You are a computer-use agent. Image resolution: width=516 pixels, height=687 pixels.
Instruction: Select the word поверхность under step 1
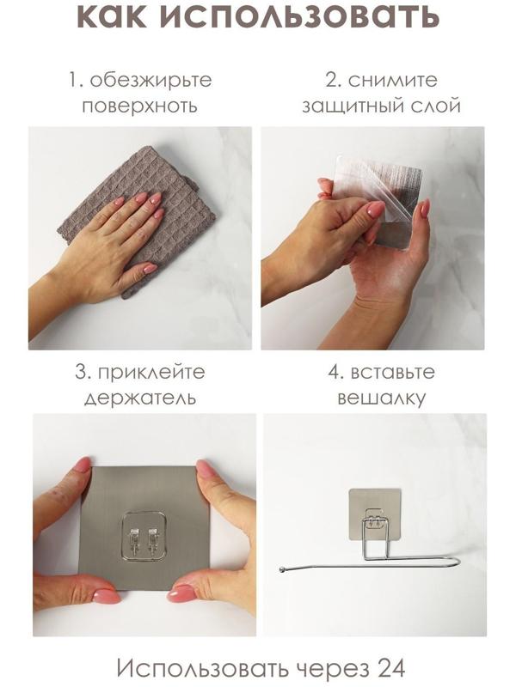coord(140,106)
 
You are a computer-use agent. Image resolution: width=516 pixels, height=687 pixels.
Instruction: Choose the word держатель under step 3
coord(140,398)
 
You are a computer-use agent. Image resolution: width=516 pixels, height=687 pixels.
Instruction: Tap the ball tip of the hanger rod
coord(284,568)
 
